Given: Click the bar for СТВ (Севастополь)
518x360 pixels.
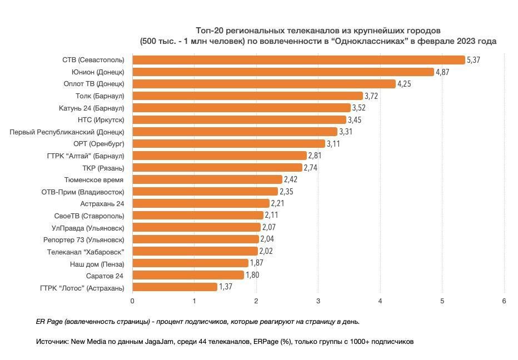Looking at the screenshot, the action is coord(298,60).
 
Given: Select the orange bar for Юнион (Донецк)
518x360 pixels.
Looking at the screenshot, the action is coord(283,72).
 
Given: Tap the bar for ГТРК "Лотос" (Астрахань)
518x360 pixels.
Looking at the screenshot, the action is coord(175,287).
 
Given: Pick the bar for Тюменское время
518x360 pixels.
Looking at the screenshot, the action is coord(207,179).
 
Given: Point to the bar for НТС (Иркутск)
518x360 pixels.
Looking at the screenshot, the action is coord(239,119).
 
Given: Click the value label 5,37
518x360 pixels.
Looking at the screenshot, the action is coord(474,60).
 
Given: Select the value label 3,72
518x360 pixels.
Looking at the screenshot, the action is coord(371,96).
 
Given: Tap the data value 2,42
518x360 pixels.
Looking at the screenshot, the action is coord(291,179).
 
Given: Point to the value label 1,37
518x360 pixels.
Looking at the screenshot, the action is coord(226,287).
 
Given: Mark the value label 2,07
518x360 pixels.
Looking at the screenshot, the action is coord(269,227).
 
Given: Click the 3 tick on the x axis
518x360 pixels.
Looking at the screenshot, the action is coord(318,301).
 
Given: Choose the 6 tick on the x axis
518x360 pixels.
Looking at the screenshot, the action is coord(504,301).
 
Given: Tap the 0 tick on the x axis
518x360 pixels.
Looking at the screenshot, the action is coord(132,301).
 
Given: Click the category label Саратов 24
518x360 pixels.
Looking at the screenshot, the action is coord(104,276).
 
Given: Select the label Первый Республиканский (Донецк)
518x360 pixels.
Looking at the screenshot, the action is coord(67,132).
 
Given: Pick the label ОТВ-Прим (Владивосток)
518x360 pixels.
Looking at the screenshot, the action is coord(83,192).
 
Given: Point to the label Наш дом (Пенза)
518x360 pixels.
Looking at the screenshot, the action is coord(97,264).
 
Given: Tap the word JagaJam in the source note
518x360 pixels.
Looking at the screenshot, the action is coord(159,342).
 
